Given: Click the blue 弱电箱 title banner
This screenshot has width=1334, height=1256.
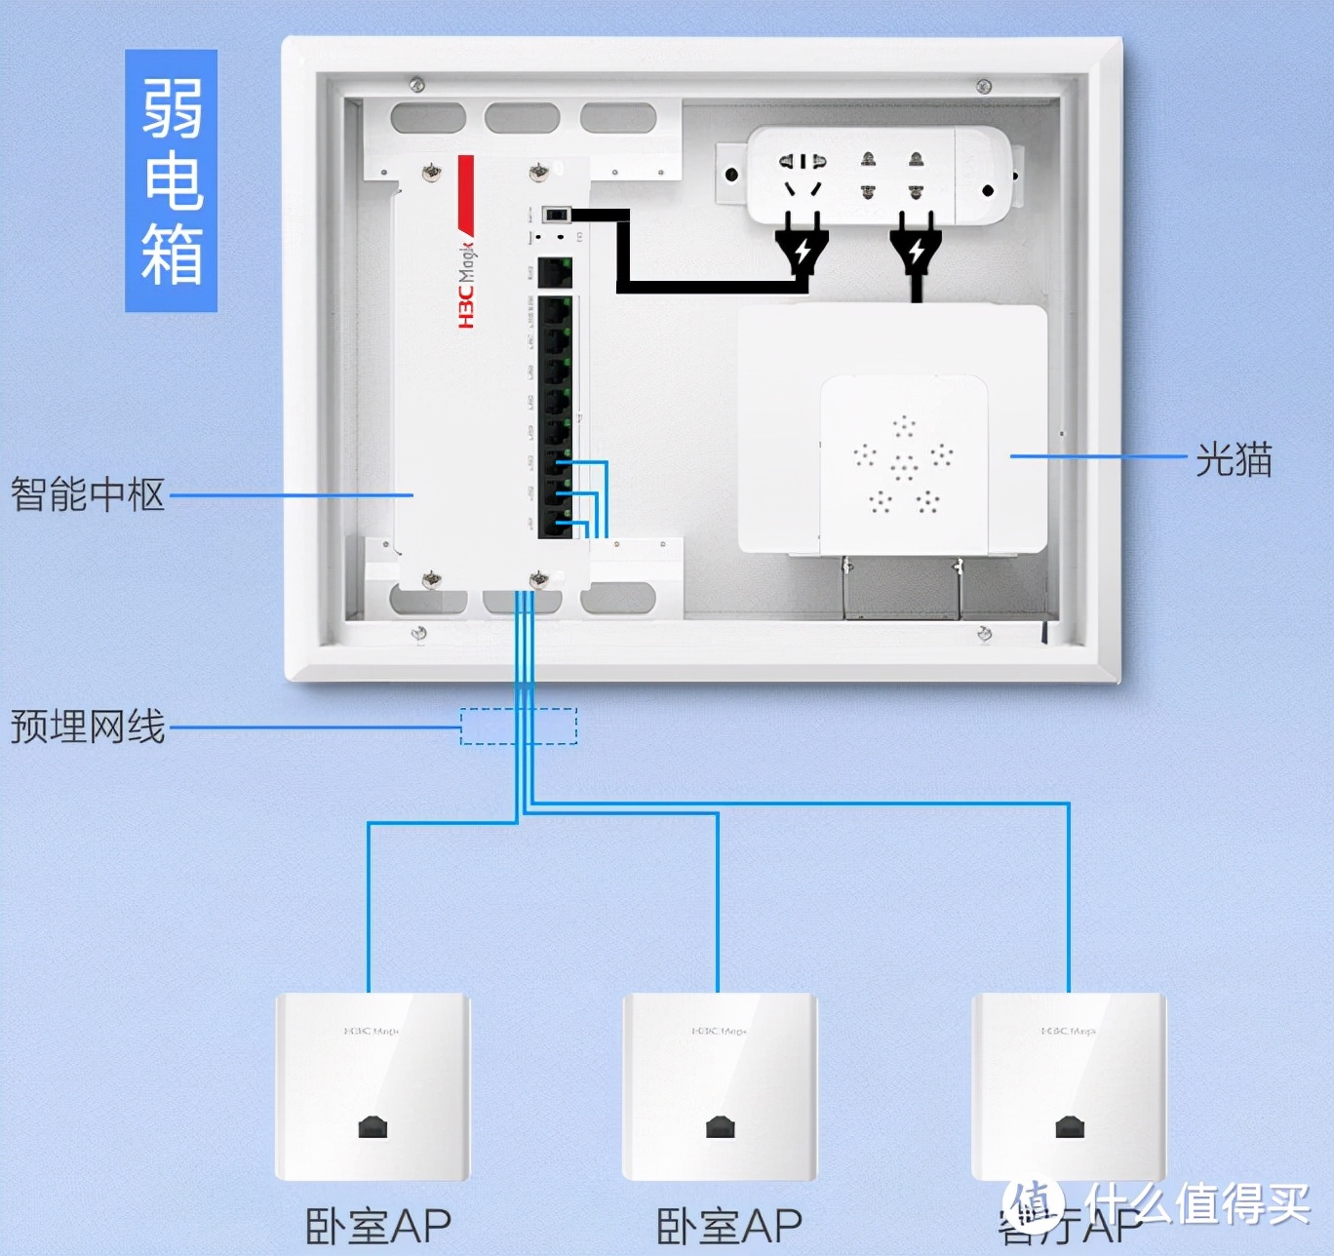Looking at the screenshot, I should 171,180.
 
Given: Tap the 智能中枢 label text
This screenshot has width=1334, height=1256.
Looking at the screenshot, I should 88,494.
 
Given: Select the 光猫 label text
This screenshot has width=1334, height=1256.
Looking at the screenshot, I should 1234,458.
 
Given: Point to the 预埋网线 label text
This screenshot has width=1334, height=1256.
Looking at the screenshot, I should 88,726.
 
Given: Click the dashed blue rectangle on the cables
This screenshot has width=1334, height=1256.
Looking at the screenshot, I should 519,726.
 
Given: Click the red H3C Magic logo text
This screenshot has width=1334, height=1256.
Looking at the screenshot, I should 467,283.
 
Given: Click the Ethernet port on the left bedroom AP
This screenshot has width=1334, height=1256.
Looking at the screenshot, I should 373,1127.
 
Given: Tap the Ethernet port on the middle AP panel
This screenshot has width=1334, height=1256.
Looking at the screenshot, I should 720,1127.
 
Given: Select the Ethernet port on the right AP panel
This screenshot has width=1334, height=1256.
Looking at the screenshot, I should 1069,1127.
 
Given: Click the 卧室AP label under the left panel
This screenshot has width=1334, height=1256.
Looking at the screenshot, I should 378,1226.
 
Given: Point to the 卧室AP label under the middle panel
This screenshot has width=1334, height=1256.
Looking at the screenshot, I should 729,1226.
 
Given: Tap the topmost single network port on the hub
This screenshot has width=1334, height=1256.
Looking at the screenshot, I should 555,272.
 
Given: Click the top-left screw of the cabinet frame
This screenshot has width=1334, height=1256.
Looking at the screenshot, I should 417,85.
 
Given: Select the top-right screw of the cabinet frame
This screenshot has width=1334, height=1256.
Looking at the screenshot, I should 984,87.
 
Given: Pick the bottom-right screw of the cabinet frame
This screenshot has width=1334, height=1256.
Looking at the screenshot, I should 984,635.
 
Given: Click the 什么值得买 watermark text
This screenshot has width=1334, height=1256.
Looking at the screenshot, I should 1199,1204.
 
